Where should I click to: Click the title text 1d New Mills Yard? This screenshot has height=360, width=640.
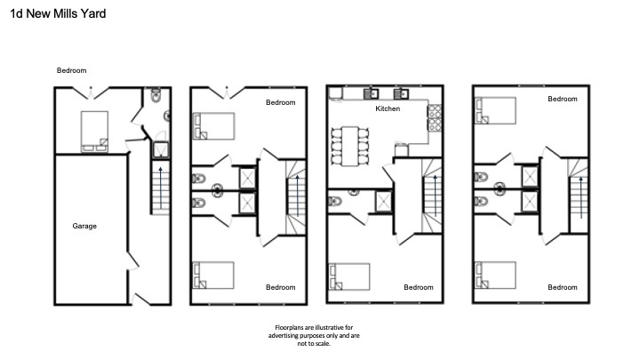click(x=58, y=14)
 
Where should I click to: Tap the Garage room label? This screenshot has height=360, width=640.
click(x=84, y=226)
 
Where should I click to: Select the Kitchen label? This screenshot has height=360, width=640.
click(x=388, y=108)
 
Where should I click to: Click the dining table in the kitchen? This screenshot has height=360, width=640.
click(x=350, y=146)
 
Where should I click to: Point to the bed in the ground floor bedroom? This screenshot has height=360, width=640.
click(x=95, y=132)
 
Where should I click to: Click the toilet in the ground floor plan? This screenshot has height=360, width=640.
click(x=156, y=95)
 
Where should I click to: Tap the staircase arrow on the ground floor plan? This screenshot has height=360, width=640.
click(x=160, y=188)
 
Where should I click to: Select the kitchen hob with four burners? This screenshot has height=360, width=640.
click(x=435, y=118)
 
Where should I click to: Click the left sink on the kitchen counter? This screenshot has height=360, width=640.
click(x=371, y=94)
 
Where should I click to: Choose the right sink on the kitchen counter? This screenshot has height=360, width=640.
click(x=401, y=94)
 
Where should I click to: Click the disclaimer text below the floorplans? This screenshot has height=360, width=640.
click(x=314, y=335)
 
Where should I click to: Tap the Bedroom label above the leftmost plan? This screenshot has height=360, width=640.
click(x=71, y=70)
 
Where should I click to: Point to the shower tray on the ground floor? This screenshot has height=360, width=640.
click(x=161, y=150)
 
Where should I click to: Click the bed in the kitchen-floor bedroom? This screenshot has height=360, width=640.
click(x=349, y=276)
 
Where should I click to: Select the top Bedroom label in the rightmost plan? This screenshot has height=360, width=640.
click(x=563, y=99)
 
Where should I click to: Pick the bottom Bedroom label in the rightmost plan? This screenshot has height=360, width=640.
click(x=563, y=287)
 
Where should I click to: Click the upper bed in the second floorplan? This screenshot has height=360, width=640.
click(x=214, y=126)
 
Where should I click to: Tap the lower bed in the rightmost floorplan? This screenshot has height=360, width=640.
click(x=495, y=275)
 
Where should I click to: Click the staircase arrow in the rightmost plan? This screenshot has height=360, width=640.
click(x=580, y=197)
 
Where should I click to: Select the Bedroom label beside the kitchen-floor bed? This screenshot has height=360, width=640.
click(x=419, y=287)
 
